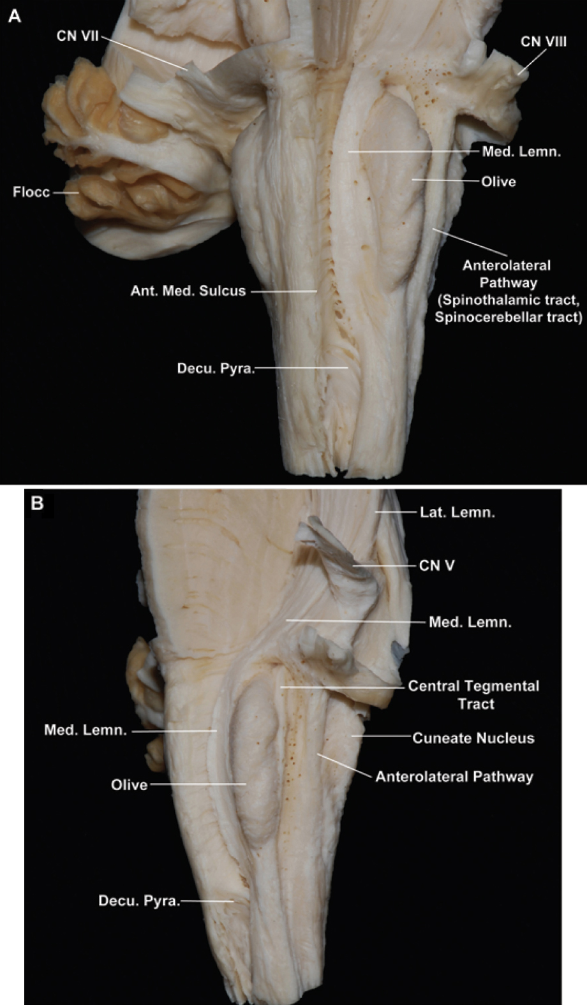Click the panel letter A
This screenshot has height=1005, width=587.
pos(14,16)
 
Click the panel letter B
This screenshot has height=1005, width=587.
pos(38,503)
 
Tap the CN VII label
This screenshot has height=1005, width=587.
pos(77,36)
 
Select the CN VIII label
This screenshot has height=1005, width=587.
pos(543,41)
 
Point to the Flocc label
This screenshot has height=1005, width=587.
pos(31,191)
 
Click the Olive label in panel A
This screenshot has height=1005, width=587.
pos(498,182)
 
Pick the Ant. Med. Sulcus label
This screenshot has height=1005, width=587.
pos(188,291)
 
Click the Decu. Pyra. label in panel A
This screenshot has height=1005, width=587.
pos(216,369)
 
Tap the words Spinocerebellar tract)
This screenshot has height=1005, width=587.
pos(509,317)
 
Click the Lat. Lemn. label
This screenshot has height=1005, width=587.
pos(457,511)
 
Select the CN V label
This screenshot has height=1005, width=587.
pos(436,565)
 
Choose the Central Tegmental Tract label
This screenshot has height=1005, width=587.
pos(474,694)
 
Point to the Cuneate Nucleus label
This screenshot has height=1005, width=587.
pos(473,738)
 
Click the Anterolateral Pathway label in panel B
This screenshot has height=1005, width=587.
pos(454,776)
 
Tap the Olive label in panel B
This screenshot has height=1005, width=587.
pos(129,784)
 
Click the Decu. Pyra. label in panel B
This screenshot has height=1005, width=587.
pos(139,901)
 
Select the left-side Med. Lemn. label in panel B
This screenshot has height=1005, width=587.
pos(85,730)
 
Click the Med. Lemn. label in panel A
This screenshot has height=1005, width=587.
pos(521,152)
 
